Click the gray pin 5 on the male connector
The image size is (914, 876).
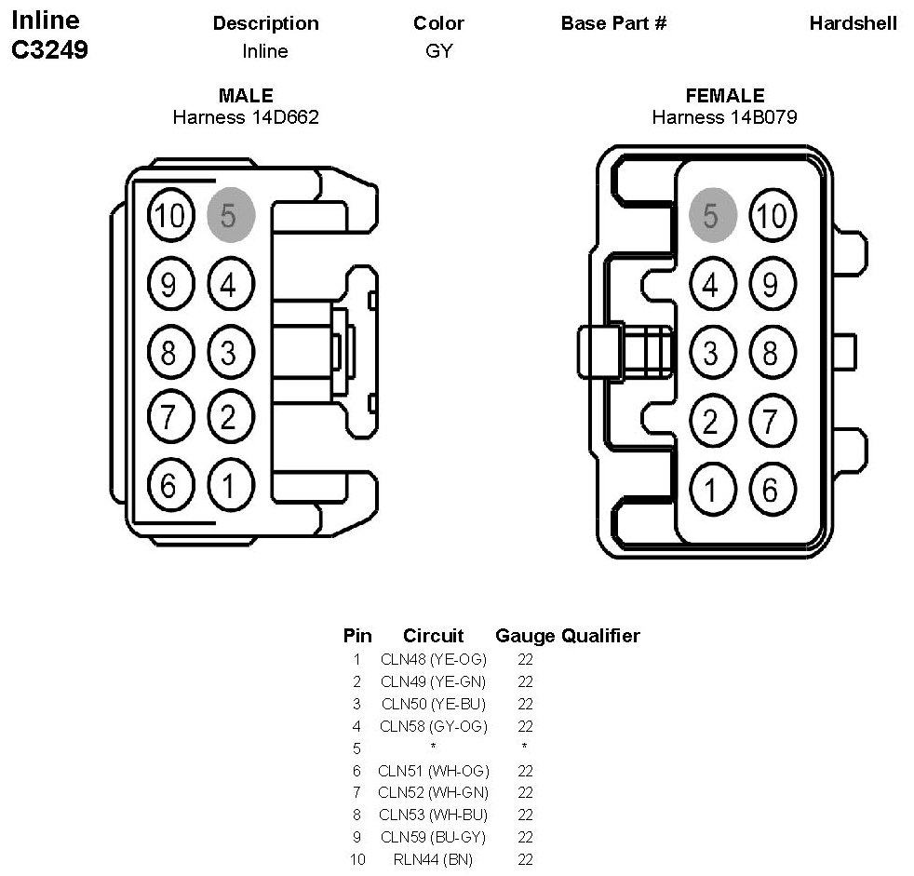tap(231, 214)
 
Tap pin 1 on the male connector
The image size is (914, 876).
tap(231, 485)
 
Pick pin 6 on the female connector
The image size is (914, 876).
tap(772, 489)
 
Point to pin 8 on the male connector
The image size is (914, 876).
tap(170, 352)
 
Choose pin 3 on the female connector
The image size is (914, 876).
tap(712, 352)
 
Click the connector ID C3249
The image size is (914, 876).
tap(49, 49)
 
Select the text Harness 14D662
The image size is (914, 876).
tap(246, 117)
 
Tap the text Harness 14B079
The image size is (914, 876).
tap(724, 117)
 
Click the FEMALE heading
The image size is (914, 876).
tap(725, 95)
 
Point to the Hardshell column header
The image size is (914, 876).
tap(854, 23)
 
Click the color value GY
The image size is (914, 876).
tap(439, 50)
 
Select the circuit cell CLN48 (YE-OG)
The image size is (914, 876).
tap(433, 659)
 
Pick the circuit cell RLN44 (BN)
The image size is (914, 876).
tap(433, 859)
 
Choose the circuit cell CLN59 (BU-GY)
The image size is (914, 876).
tap(433, 837)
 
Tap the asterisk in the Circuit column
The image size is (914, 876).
tap(433, 746)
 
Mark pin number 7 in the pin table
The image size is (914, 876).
tap(356, 792)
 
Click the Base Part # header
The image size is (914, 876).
tap(613, 23)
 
